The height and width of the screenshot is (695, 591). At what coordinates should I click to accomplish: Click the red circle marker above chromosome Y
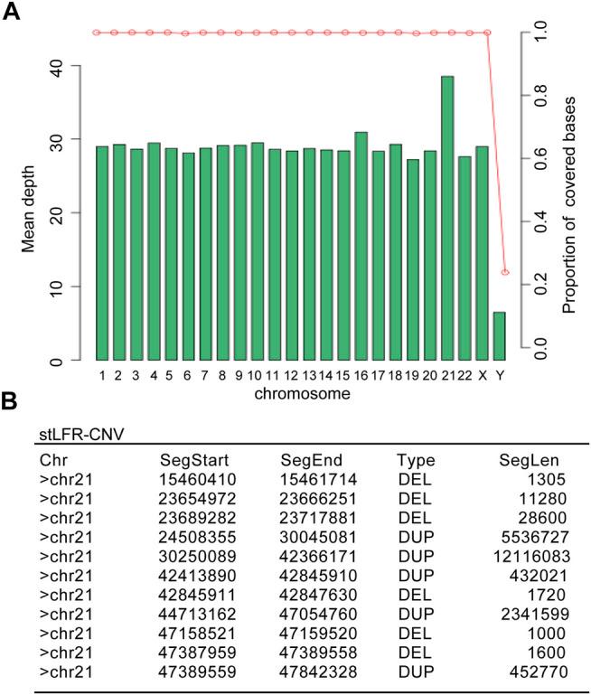click(505, 272)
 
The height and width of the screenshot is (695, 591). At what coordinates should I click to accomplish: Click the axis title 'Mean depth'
click(30, 212)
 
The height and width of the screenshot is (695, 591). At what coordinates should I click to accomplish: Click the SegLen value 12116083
click(532, 549)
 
